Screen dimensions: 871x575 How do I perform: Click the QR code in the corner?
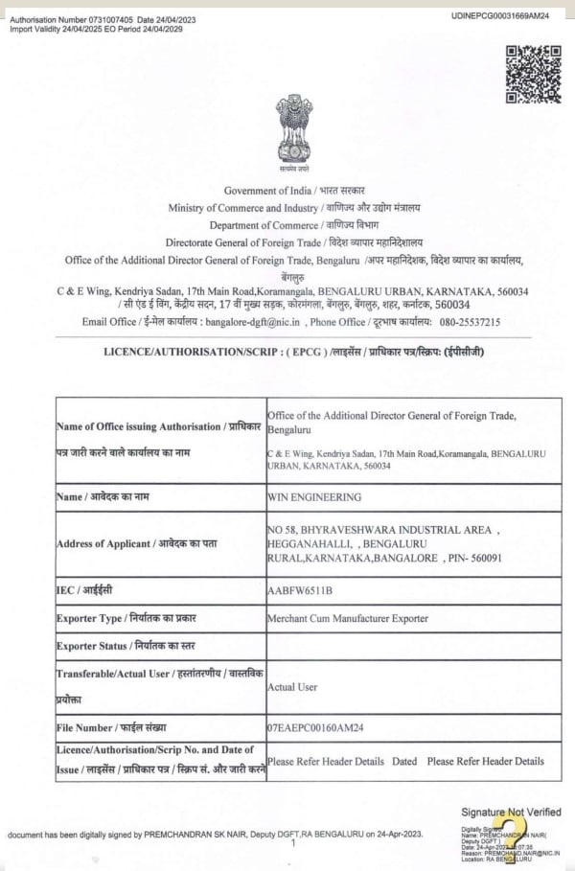pos(533,74)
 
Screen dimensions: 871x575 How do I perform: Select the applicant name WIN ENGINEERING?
pos(314,497)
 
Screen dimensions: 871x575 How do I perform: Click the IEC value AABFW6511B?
pos(300,590)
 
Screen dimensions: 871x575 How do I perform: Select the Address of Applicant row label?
pos(137,543)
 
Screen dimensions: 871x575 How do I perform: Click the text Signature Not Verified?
pos(511,812)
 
